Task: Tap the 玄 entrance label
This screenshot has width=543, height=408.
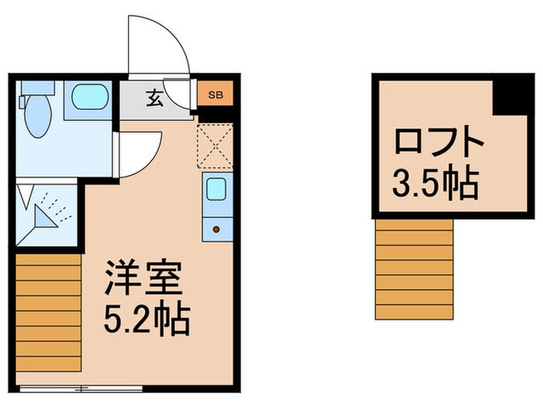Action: coord(154,99)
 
